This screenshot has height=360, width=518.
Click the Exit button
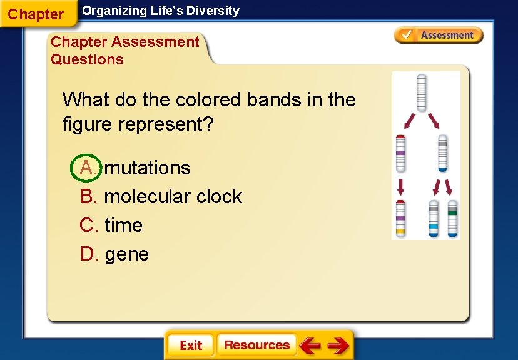click(190, 346)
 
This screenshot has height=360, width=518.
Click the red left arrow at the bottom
click(310, 346)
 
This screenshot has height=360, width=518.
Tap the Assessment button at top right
click(439, 36)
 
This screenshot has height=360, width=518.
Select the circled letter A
click(88, 167)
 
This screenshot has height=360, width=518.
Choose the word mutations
click(147, 167)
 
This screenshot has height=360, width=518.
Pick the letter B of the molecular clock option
click(88, 196)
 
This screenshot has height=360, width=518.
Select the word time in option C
click(123, 225)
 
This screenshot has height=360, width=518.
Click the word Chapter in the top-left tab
click(36, 14)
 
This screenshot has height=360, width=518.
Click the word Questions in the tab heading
click(87, 59)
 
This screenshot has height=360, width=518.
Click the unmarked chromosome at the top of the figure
click(422, 92)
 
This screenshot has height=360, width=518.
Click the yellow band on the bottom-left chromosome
click(400, 232)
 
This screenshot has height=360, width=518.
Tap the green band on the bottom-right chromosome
click(452, 213)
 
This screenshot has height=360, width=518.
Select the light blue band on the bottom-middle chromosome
click(433, 226)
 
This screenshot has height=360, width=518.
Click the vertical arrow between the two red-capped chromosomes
click(400, 186)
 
